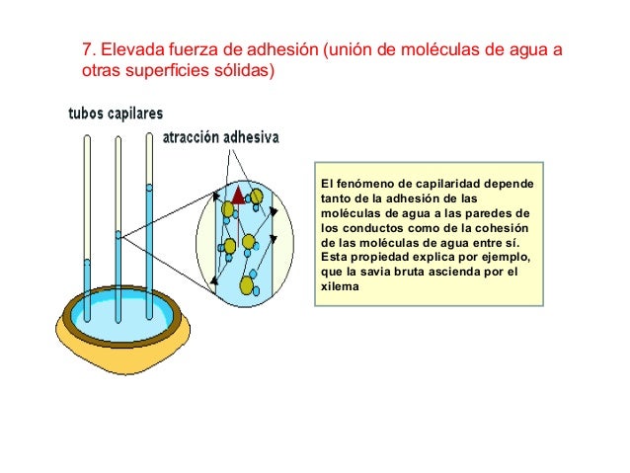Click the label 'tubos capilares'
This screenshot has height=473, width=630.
point(116,114)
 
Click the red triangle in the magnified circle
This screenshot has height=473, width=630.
point(238,197)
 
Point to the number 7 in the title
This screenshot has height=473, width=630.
point(85,49)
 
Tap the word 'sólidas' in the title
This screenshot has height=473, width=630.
point(242,72)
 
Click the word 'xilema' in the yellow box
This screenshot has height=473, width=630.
point(341,287)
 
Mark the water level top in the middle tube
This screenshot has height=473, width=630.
point(118,234)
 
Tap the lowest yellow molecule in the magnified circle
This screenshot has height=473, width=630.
point(246,285)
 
